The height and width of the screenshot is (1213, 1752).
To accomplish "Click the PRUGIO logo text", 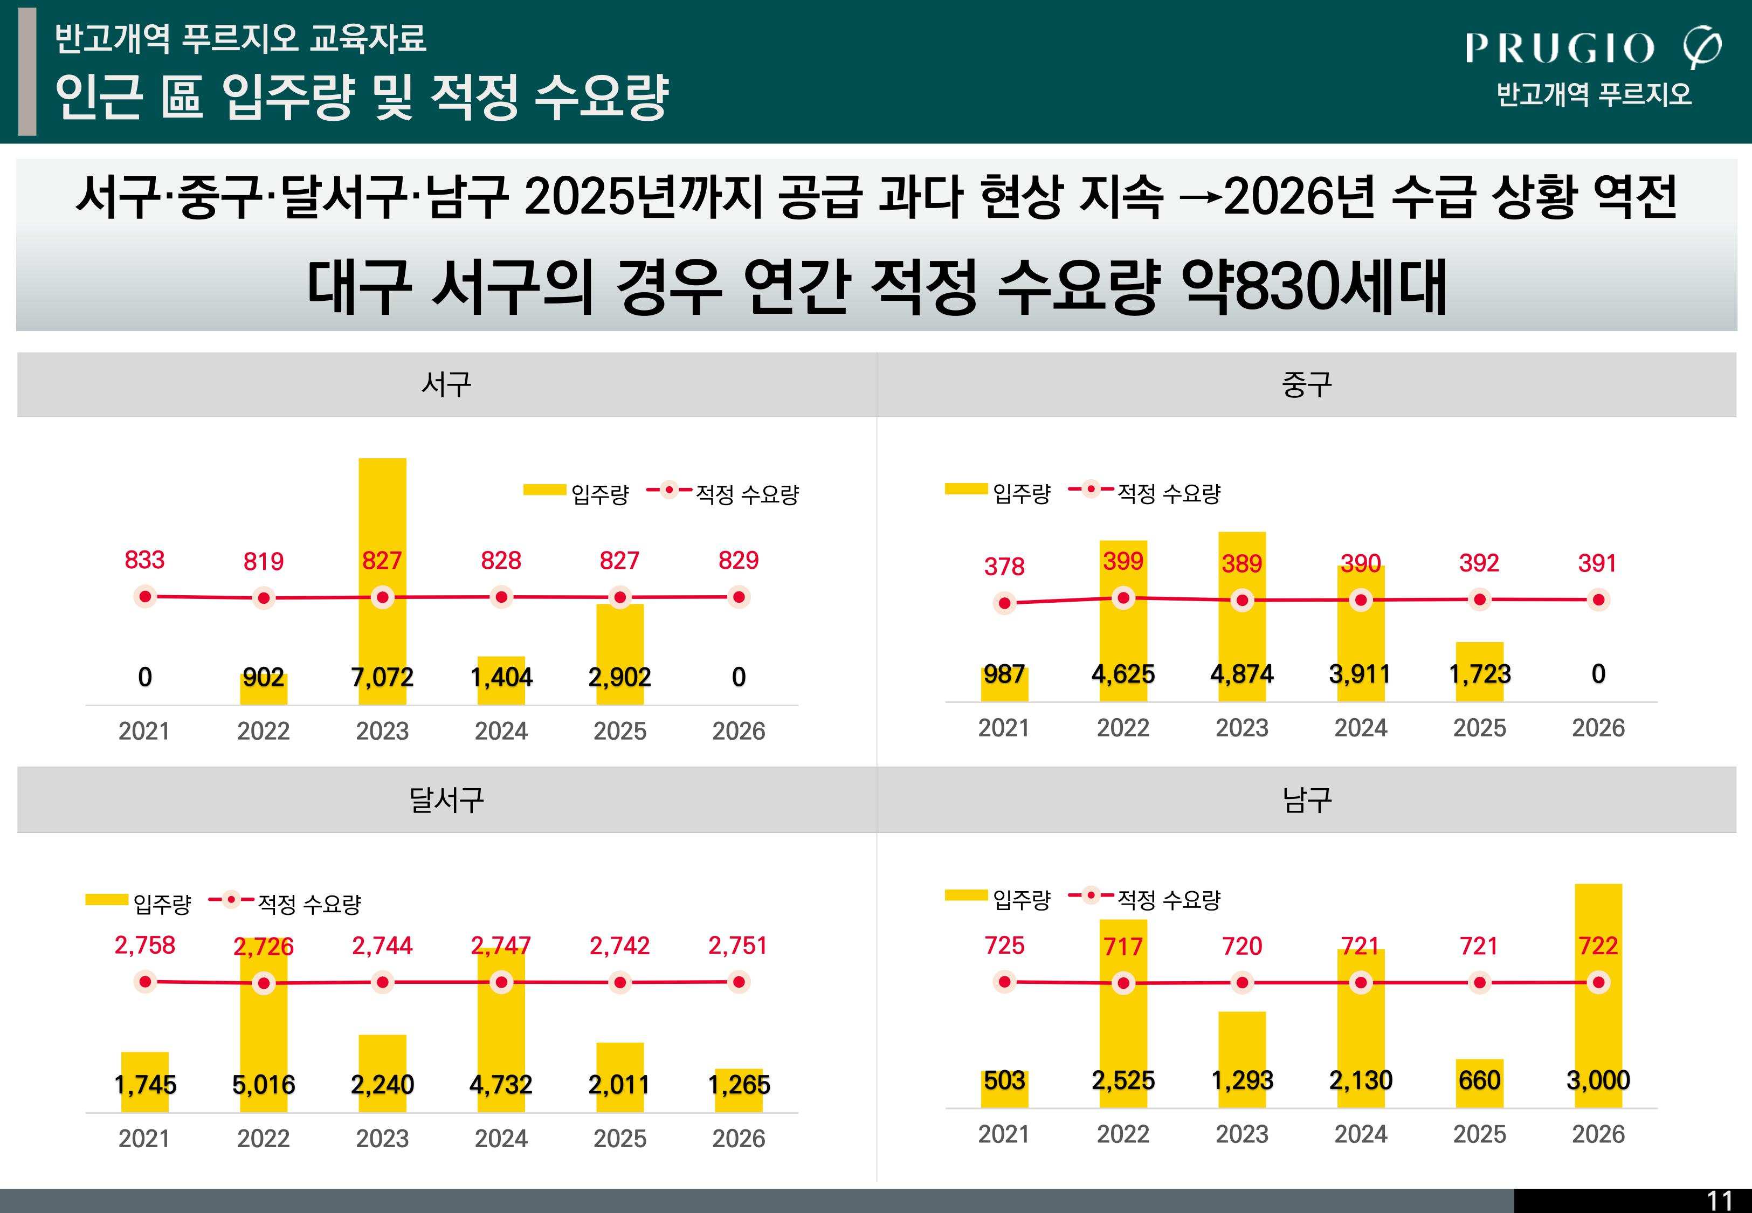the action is point(1559,48).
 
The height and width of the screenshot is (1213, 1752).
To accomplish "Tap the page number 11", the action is point(1719,1201).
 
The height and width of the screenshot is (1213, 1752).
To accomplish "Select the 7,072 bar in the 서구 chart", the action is point(382,581).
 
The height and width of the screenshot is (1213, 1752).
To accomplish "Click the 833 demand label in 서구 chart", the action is point(144,560).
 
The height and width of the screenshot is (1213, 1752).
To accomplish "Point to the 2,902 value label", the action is point(620,677).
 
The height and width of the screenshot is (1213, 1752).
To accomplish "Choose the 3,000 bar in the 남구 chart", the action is point(1598,996).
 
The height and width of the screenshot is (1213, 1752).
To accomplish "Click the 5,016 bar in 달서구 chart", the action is point(264,1025).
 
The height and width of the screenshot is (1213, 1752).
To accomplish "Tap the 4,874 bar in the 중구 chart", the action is point(1242,616).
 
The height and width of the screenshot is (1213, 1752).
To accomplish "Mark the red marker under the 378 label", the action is point(1004,603).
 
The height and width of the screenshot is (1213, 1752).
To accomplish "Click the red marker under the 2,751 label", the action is point(739,982).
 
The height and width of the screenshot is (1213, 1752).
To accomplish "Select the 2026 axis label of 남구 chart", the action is point(1598,1134).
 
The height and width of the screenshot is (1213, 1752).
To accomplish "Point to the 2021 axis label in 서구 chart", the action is point(144,731).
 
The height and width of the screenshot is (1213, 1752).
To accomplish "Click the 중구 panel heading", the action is point(1307,384).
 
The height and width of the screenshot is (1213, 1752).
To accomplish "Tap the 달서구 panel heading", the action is point(447,800).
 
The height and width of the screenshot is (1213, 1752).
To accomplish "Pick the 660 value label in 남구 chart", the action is point(1480,1080).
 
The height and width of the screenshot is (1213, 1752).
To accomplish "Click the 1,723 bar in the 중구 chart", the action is point(1480,672).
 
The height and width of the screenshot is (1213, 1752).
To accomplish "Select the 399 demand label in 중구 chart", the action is point(1123,561).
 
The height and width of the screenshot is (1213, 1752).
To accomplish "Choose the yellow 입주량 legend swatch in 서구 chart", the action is point(545,490).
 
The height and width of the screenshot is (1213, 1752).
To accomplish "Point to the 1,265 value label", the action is point(739,1085).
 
